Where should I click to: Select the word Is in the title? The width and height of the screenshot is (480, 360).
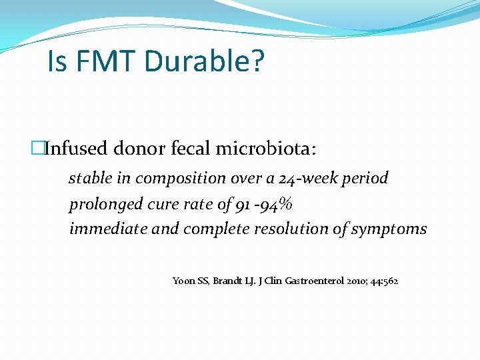point(57,62)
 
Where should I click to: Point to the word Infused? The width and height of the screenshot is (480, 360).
point(75,148)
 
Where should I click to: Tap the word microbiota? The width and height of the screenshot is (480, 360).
point(267,148)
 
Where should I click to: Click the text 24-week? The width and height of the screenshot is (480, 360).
point(313,179)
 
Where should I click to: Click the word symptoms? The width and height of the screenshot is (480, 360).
point(390,229)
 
